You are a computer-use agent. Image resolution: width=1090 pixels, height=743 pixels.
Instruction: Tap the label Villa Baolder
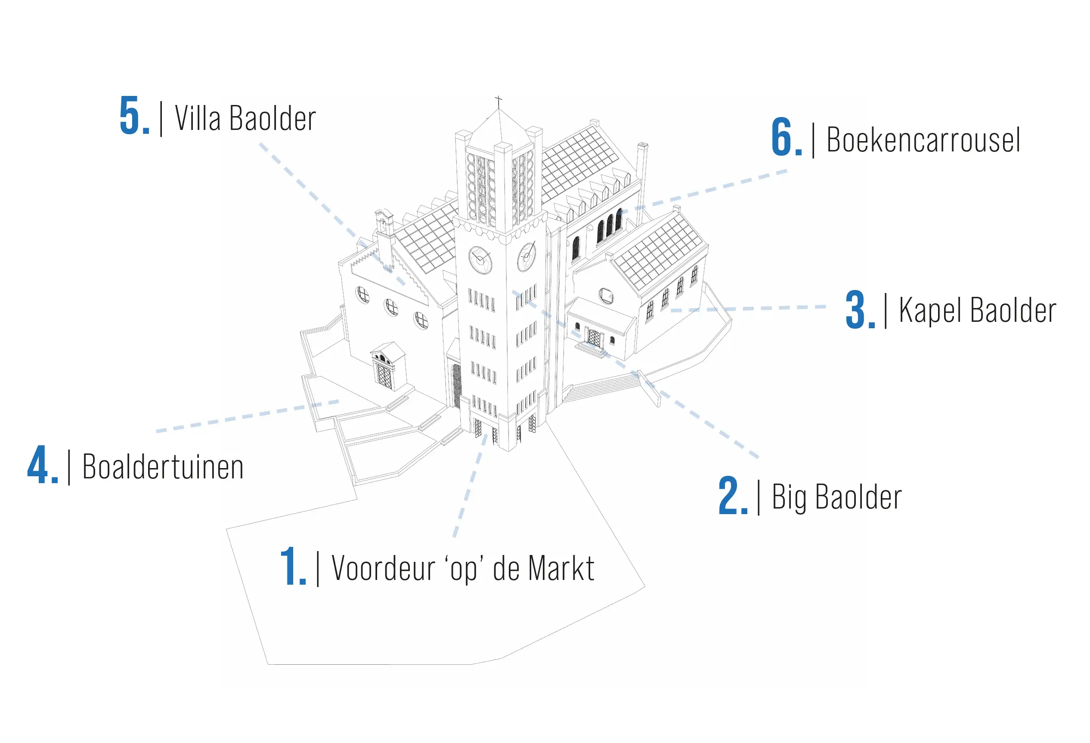point(245,118)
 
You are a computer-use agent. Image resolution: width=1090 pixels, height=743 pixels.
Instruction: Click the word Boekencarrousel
point(923,140)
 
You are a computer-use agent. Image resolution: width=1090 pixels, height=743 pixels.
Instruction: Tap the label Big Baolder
point(837,497)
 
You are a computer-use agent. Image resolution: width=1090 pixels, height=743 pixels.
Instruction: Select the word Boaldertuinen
point(163,467)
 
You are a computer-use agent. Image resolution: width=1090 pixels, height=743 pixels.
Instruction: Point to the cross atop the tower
point(498,101)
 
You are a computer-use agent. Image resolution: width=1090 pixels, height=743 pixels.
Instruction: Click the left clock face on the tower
point(480,260)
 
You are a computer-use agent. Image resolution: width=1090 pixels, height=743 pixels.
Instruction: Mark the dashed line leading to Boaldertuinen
point(248,416)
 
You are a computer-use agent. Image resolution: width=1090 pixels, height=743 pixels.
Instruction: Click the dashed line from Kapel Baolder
point(749,308)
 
